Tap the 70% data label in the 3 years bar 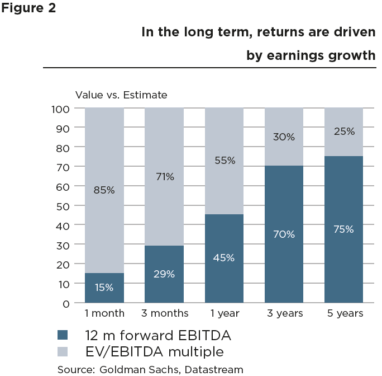pyautogui.click(x=284, y=234)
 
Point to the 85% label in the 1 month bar pyautogui.click(x=104, y=190)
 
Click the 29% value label pyautogui.click(x=164, y=274)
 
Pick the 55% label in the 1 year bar pyautogui.click(x=224, y=161)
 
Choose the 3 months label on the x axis pyautogui.click(x=164, y=313)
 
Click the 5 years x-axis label pyautogui.click(x=343, y=313)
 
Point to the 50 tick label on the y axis pyautogui.click(x=63, y=206)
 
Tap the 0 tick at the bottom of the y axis pyautogui.click(x=66, y=303)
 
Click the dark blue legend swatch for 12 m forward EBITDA pyautogui.click(x=63, y=335)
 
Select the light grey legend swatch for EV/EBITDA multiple pyautogui.click(x=63, y=352)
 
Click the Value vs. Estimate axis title pyautogui.click(x=121, y=95)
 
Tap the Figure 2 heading pyautogui.click(x=28, y=9)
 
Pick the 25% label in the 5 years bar pyautogui.click(x=343, y=131)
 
